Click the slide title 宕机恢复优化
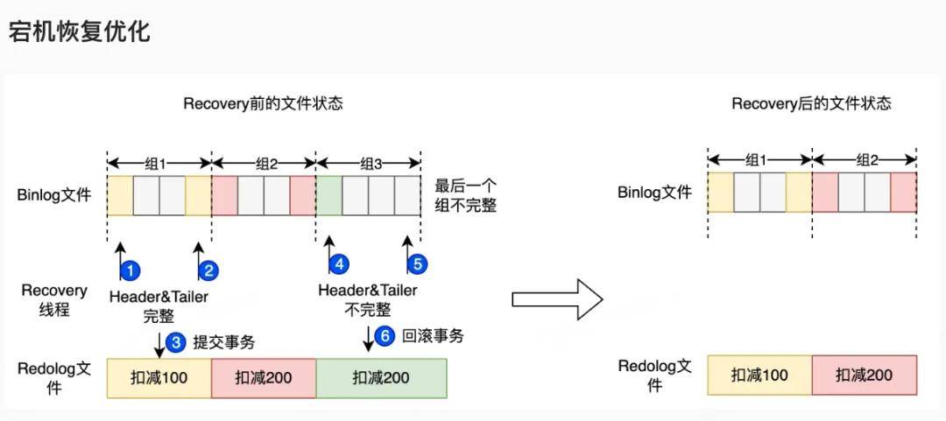[x=80, y=32]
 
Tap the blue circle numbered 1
[x=130, y=270]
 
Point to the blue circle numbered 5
[x=417, y=263]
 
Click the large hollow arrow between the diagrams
[x=557, y=298]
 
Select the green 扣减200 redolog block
[x=381, y=377]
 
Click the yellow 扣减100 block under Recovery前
[x=159, y=377]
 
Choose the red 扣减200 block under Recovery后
[x=865, y=375]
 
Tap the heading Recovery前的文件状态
[x=263, y=103]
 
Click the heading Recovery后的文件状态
[x=811, y=103]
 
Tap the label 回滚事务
[x=433, y=336]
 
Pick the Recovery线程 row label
[x=54, y=299]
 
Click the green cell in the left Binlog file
[x=329, y=195]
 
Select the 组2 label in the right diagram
[x=866, y=160]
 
